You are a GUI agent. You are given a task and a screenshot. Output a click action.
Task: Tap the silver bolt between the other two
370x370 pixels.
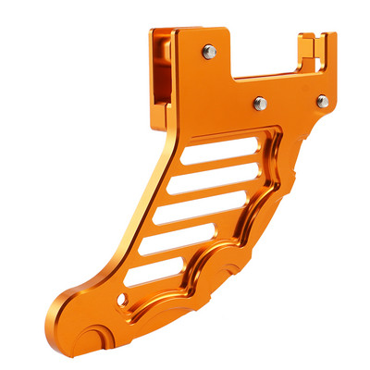(x=260, y=103)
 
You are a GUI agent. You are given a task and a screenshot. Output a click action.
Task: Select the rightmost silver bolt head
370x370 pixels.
(x=322, y=100)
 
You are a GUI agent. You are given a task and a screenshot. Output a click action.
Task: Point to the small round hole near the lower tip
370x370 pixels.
(x=123, y=299)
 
